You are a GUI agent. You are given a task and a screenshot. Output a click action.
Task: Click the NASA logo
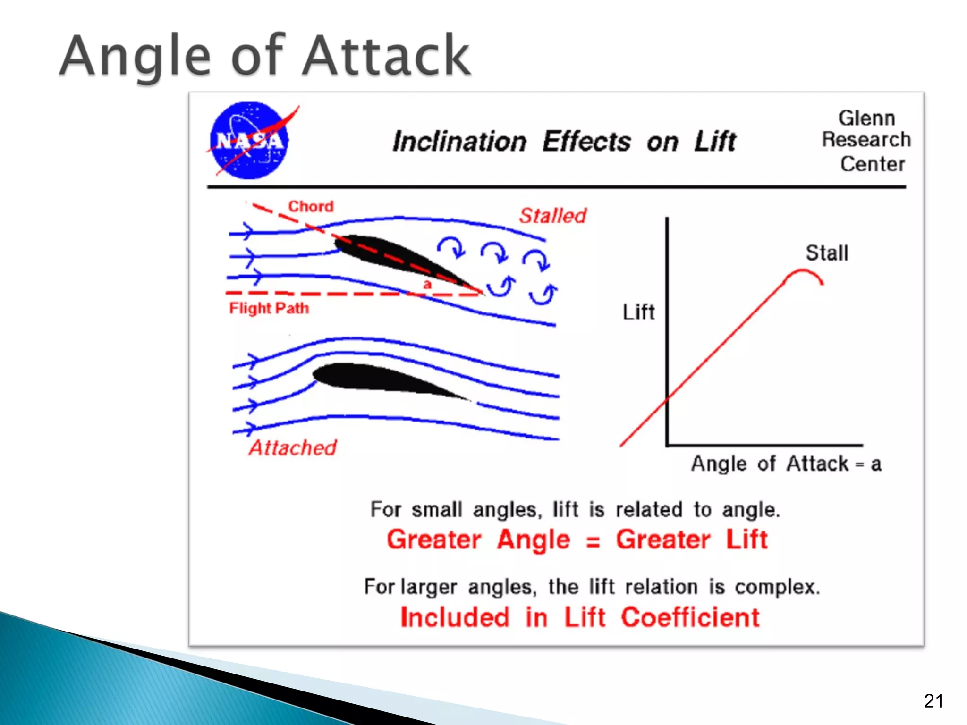(249, 141)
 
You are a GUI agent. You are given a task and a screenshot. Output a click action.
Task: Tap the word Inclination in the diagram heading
(459, 142)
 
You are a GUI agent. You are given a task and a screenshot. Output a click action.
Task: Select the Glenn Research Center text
(866, 141)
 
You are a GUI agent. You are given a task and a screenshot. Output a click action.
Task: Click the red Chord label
(311, 206)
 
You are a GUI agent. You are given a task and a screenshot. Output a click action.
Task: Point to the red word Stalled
(552, 216)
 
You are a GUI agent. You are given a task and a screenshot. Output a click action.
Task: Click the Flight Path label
(269, 308)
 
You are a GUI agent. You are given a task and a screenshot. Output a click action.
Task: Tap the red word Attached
(293, 447)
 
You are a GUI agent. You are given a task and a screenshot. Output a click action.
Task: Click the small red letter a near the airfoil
(427, 285)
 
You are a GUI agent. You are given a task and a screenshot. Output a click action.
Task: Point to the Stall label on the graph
(827, 253)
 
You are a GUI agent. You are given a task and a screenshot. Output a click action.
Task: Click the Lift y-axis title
(638, 312)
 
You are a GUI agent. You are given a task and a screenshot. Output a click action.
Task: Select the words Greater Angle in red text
(478, 540)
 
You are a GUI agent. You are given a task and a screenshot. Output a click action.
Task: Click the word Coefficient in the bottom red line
(690, 617)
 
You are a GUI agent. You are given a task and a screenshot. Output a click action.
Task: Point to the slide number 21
(933, 701)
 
